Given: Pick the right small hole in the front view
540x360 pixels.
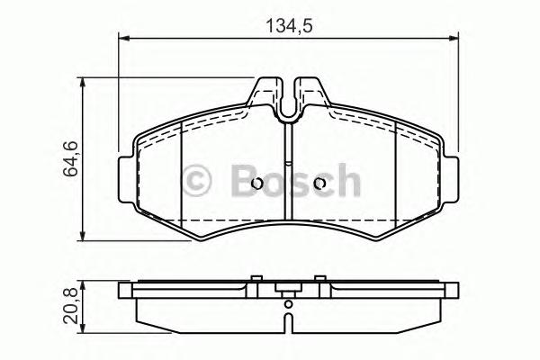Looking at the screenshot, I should click(319, 184).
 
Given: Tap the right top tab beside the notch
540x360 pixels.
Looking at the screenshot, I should click(310, 93).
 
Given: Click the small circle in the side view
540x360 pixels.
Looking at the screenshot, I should click(288, 304).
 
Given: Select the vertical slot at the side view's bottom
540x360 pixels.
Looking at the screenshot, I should click(288, 321).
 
